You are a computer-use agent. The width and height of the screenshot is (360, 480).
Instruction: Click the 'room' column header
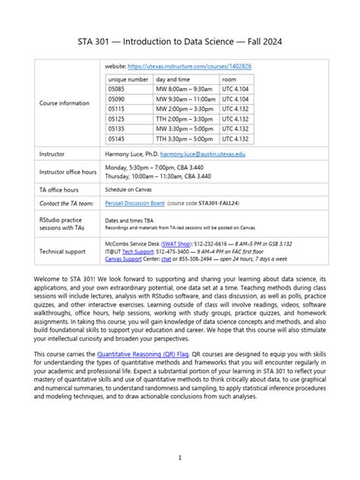(229, 79)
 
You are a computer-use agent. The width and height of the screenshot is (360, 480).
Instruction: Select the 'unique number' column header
(128, 79)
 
